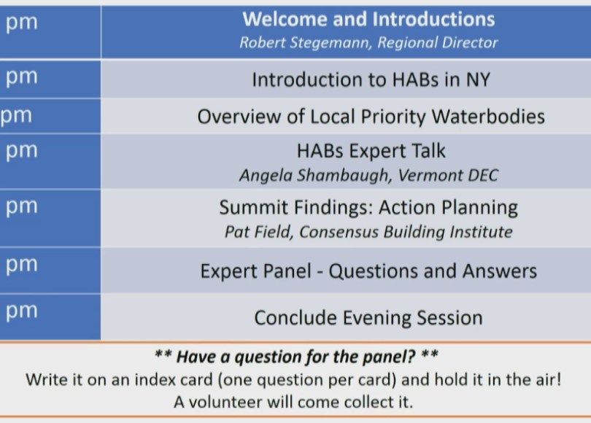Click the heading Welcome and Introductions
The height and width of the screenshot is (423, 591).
point(368,19)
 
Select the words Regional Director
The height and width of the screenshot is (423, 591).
point(438,43)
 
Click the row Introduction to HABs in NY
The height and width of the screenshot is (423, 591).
point(371,79)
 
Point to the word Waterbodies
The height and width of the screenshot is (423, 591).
point(488,117)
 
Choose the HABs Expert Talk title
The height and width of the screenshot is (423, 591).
point(371,151)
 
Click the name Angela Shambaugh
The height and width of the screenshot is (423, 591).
point(315,176)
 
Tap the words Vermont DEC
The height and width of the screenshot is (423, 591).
point(448,176)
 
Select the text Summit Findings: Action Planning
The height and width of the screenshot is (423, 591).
point(368,208)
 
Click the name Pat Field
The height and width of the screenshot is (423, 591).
point(259,232)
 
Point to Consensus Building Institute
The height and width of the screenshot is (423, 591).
point(406,232)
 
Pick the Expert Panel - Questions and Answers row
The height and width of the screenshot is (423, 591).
point(368,271)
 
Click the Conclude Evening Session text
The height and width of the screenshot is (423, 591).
point(368,317)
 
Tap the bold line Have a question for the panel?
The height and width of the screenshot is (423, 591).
point(296,357)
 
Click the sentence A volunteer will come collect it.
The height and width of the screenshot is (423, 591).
point(293,402)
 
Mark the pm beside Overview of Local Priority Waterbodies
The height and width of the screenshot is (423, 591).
point(16,117)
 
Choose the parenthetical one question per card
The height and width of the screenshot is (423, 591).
point(307,380)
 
